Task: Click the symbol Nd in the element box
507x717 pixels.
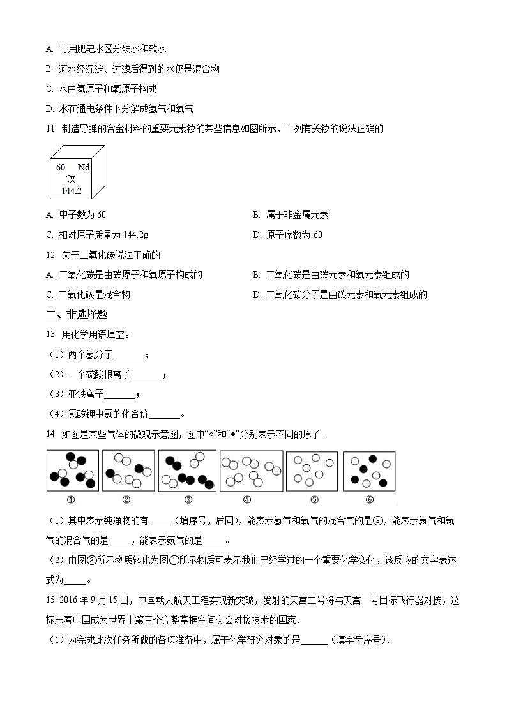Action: click(x=84, y=167)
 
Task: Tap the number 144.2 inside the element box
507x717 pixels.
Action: click(x=72, y=191)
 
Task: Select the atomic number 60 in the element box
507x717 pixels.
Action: click(x=61, y=167)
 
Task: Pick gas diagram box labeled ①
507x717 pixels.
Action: click(x=73, y=471)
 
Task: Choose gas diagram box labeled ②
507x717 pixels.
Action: click(x=128, y=471)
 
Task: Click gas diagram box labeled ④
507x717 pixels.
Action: click(x=251, y=471)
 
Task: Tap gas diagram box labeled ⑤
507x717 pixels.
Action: click(x=312, y=471)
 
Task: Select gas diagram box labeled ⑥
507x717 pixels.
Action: click(x=369, y=471)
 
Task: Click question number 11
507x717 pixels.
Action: click(x=52, y=129)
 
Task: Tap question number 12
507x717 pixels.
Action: click(x=52, y=255)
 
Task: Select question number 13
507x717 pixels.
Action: click(x=52, y=335)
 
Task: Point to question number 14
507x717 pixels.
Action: click(x=52, y=435)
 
